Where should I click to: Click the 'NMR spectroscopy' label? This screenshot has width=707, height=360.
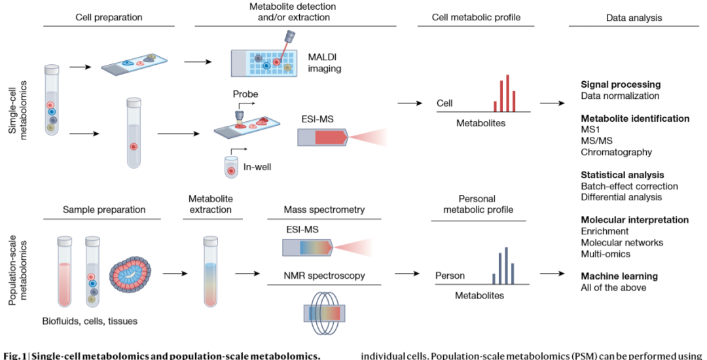click(x=325, y=276)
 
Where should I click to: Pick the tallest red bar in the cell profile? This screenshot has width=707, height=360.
click(x=508, y=93)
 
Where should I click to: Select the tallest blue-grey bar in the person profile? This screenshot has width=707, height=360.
click(x=506, y=265)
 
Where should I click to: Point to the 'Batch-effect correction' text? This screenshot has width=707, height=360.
click(x=630, y=186)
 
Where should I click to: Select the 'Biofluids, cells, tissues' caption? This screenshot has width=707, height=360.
click(x=90, y=321)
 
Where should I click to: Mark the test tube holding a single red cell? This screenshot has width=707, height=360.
click(x=134, y=134)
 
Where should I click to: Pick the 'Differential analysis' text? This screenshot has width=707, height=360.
click(x=621, y=198)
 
